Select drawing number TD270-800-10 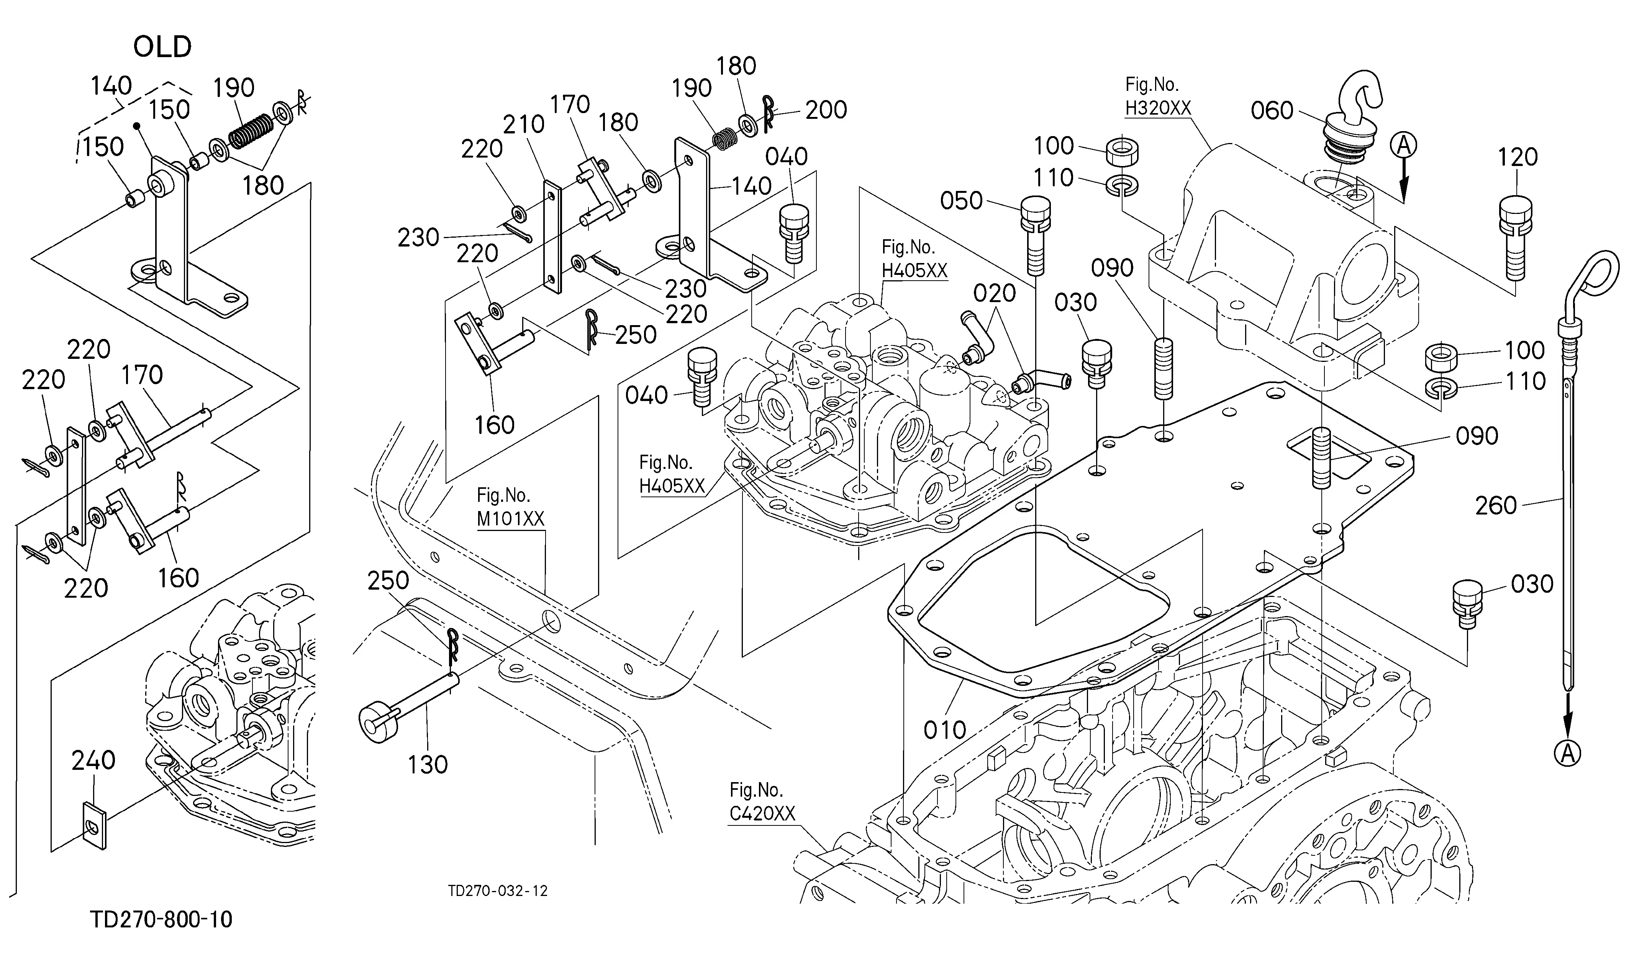point(161,919)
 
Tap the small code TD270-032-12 point(498,891)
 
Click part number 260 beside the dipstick point(1496,506)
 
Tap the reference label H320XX point(1157,108)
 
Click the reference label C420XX point(762,814)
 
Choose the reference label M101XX point(510,519)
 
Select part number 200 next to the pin point(826,110)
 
